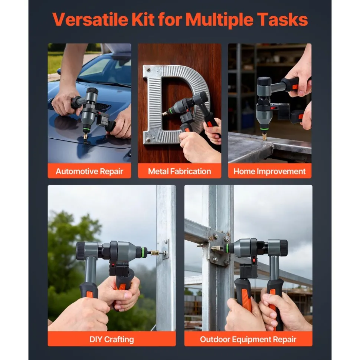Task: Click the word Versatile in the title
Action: [90, 20]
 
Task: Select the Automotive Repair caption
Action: [89, 171]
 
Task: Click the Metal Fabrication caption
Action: [180, 171]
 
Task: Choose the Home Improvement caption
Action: [269, 171]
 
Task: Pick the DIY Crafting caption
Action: [112, 339]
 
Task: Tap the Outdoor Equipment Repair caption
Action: [248, 339]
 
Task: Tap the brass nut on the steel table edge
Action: [265, 137]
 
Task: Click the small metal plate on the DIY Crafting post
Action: [165, 249]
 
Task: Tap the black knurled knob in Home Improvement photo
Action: [264, 81]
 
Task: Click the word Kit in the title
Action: [143, 20]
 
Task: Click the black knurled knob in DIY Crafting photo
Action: [81, 251]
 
